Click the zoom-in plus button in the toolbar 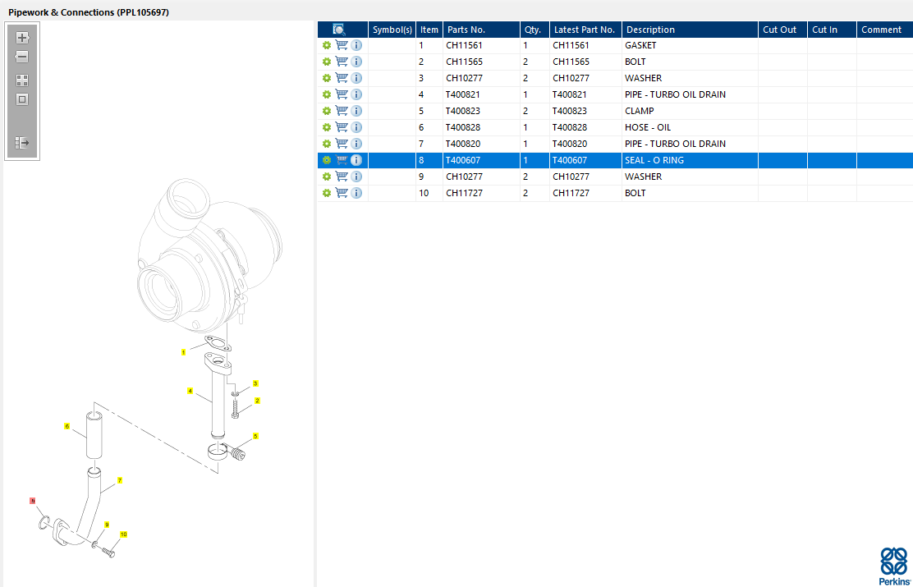pyautogui.click(x=22, y=38)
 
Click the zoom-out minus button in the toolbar pyautogui.click(x=22, y=57)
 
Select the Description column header pyautogui.click(x=650, y=30)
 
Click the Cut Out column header pyautogui.click(x=780, y=30)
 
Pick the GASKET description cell pyautogui.click(x=640, y=45)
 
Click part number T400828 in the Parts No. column pyautogui.click(x=463, y=127)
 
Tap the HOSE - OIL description pyautogui.click(x=648, y=127)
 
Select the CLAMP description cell pyautogui.click(x=640, y=111)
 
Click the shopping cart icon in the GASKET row pyautogui.click(x=342, y=45)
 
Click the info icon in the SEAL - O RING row pyautogui.click(x=356, y=160)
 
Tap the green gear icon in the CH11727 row pyautogui.click(x=326, y=193)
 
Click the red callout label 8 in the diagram pyautogui.click(x=33, y=501)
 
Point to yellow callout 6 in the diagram pyautogui.click(x=67, y=426)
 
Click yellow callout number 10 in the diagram pyautogui.click(x=123, y=534)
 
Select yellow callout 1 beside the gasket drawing pyautogui.click(x=183, y=352)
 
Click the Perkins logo pyautogui.click(x=893, y=566)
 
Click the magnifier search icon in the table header pyautogui.click(x=339, y=30)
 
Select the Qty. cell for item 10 pyautogui.click(x=525, y=193)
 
